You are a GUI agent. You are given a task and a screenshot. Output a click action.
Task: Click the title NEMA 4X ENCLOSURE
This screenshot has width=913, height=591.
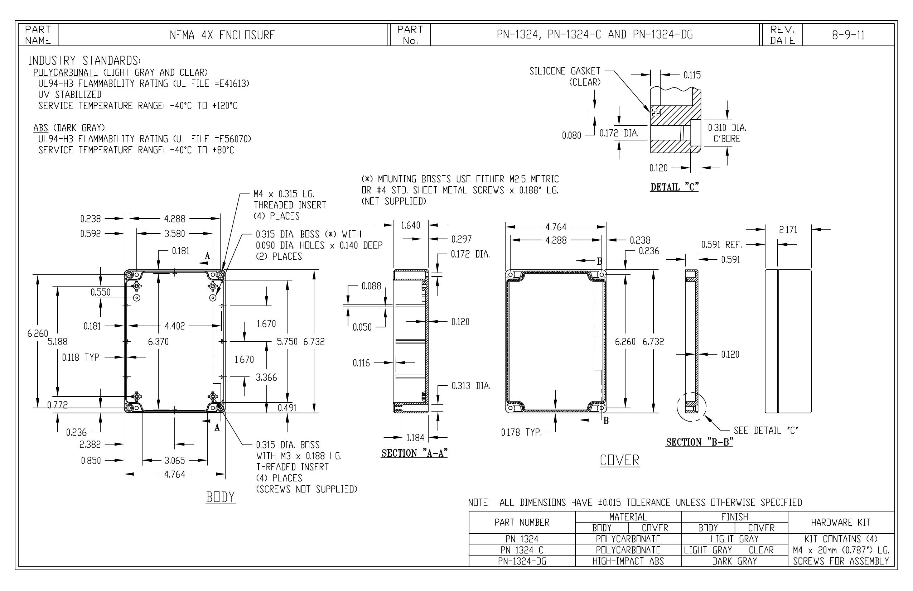coord(222,35)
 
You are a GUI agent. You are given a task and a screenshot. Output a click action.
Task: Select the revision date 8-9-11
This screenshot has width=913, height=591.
coord(848,35)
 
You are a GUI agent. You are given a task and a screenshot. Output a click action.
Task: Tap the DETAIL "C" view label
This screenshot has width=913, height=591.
coord(675,187)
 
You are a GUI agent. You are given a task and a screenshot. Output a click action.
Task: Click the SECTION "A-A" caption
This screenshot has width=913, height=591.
coord(414,453)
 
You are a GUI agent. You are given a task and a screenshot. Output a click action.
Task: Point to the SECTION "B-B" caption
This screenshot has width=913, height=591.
coord(699,442)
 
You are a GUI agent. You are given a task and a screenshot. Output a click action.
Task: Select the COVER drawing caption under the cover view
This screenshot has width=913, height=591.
coord(619,460)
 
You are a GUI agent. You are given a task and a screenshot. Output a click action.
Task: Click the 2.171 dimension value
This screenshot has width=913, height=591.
coord(788,230)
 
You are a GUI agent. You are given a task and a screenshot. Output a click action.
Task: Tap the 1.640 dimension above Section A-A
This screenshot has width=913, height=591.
coord(410,225)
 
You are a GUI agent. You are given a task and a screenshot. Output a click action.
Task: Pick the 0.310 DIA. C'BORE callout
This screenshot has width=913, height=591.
coord(727,133)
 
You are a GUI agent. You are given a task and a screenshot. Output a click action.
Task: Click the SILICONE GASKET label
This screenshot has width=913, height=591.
coord(565,71)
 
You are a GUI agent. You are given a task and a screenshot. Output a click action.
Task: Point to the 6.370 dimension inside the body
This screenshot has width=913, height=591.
coord(158,342)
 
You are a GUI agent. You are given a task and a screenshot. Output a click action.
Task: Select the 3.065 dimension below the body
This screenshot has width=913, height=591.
coord(175,460)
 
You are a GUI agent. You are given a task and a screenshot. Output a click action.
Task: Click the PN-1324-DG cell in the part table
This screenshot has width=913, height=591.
coord(522,561)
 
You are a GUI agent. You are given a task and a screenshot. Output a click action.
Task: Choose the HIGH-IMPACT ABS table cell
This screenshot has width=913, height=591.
coord(628,561)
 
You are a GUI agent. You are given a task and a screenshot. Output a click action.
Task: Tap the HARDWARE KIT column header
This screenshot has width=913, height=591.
coord(841,522)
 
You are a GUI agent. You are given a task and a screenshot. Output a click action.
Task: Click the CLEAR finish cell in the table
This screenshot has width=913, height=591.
coord(761,550)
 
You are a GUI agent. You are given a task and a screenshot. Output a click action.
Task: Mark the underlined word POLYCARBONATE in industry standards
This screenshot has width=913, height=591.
coord(65,72)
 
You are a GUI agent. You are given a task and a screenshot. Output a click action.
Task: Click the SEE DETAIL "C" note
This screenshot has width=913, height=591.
coord(766,431)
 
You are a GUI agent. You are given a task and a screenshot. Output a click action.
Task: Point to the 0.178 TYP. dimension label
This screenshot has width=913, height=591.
coord(521,433)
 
